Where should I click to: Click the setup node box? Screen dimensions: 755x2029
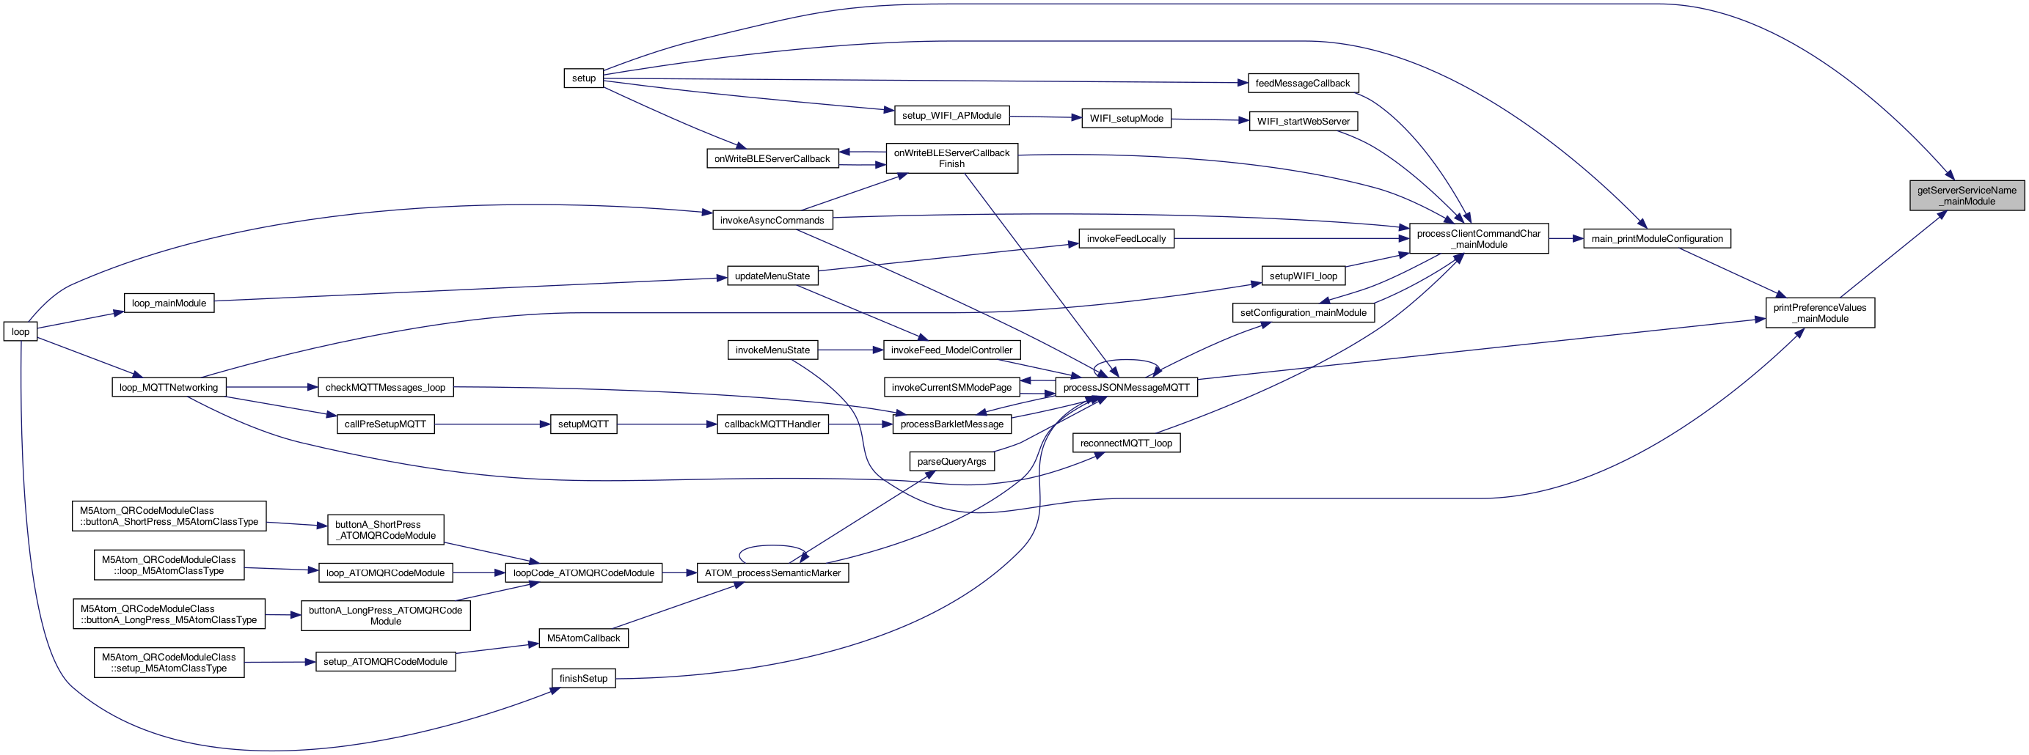pyautogui.click(x=584, y=78)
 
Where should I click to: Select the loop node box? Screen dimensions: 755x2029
pyautogui.click(x=21, y=331)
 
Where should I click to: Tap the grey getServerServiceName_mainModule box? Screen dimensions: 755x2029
pyautogui.click(x=1966, y=195)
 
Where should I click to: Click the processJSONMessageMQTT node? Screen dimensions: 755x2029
pyautogui.click(x=1125, y=387)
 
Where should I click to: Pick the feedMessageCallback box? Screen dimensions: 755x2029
pyautogui.click(x=1302, y=84)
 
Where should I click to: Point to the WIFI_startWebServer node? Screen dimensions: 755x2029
pyautogui.click(x=1303, y=121)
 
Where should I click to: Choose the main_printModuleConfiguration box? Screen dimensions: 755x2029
pyautogui.click(x=1656, y=238)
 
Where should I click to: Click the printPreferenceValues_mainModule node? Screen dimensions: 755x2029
pyautogui.click(x=1819, y=312)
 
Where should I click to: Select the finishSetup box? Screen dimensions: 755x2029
pyautogui.click(x=583, y=678)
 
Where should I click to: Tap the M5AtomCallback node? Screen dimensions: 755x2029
pyautogui.click(x=583, y=638)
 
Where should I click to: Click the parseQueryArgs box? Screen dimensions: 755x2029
pyautogui.click(x=951, y=461)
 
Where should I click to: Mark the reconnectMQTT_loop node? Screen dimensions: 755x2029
pyautogui.click(x=1125, y=443)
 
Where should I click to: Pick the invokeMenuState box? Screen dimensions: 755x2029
pyautogui.click(x=772, y=350)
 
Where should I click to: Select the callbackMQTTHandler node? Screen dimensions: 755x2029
pyautogui.click(x=772, y=424)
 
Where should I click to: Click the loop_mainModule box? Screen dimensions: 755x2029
pyautogui.click(x=169, y=303)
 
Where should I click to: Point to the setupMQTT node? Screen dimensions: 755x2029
pyautogui.click(x=583, y=424)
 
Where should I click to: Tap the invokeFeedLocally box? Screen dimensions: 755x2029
pyautogui.click(x=1125, y=238)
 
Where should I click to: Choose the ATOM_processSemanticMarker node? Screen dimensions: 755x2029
pyautogui.click(x=772, y=572)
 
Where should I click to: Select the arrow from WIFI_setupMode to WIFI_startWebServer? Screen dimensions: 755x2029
pyautogui.click(x=1210, y=119)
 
